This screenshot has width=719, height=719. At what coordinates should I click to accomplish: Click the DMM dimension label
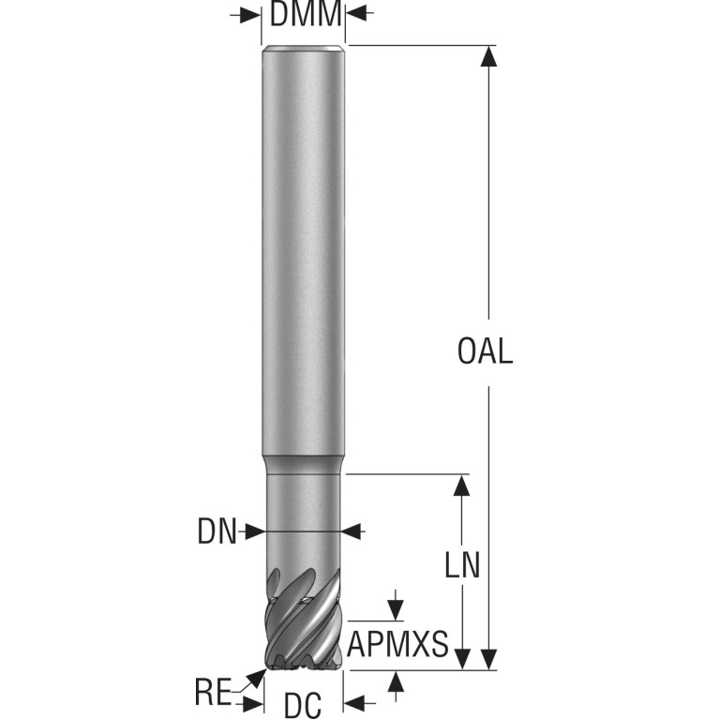(306, 14)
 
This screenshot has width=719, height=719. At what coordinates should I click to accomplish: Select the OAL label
(485, 352)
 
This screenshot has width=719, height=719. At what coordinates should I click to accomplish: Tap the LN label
(462, 565)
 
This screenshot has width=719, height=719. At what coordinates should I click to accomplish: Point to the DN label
(217, 532)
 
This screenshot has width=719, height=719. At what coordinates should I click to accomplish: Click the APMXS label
(397, 644)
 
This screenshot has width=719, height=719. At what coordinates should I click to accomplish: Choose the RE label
(213, 693)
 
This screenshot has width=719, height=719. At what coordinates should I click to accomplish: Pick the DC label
(303, 705)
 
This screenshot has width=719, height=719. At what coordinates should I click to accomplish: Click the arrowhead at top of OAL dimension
(488, 56)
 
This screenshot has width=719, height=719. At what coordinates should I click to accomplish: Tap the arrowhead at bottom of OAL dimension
(488, 659)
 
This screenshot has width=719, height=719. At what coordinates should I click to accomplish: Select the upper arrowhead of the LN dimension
(461, 486)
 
